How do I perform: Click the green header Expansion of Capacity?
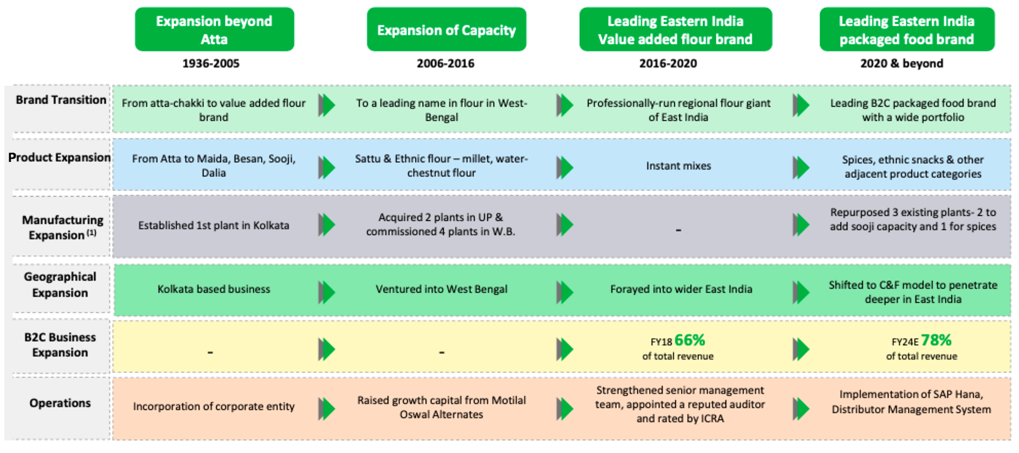pyautogui.click(x=446, y=30)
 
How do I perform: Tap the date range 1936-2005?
pyautogui.click(x=210, y=64)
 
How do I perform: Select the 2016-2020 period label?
pyautogui.click(x=668, y=64)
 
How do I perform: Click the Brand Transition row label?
pyautogui.click(x=60, y=100)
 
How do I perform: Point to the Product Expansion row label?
pyautogui.click(x=59, y=158)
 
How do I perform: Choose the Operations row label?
pyautogui.click(x=60, y=403)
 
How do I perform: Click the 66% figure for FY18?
pyautogui.click(x=690, y=341)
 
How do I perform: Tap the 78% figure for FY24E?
pyautogui.click(x=936, y=341)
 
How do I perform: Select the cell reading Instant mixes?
pyautogui.click(x=678, y=166)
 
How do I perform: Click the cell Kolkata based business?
pyautogui.click(x=213, y=289)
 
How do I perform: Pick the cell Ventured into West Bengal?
pyautogui.click(x=441, y=289)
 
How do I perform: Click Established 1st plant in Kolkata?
pyautogui.click(x=213, y=226)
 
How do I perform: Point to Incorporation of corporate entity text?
pyautogui.click(x=213, y=407)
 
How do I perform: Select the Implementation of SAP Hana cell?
pyautogui.click(x=911, y=402)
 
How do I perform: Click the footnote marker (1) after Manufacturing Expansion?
pyautogui.click(x=91, y=233)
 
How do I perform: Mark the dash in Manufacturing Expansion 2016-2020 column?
pyautogui.click(x=678, y=231)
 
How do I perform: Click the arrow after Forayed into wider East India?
pyautogui.click(x=800, y=292)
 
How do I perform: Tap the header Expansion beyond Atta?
pyautogui.click(x=214, y=30)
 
